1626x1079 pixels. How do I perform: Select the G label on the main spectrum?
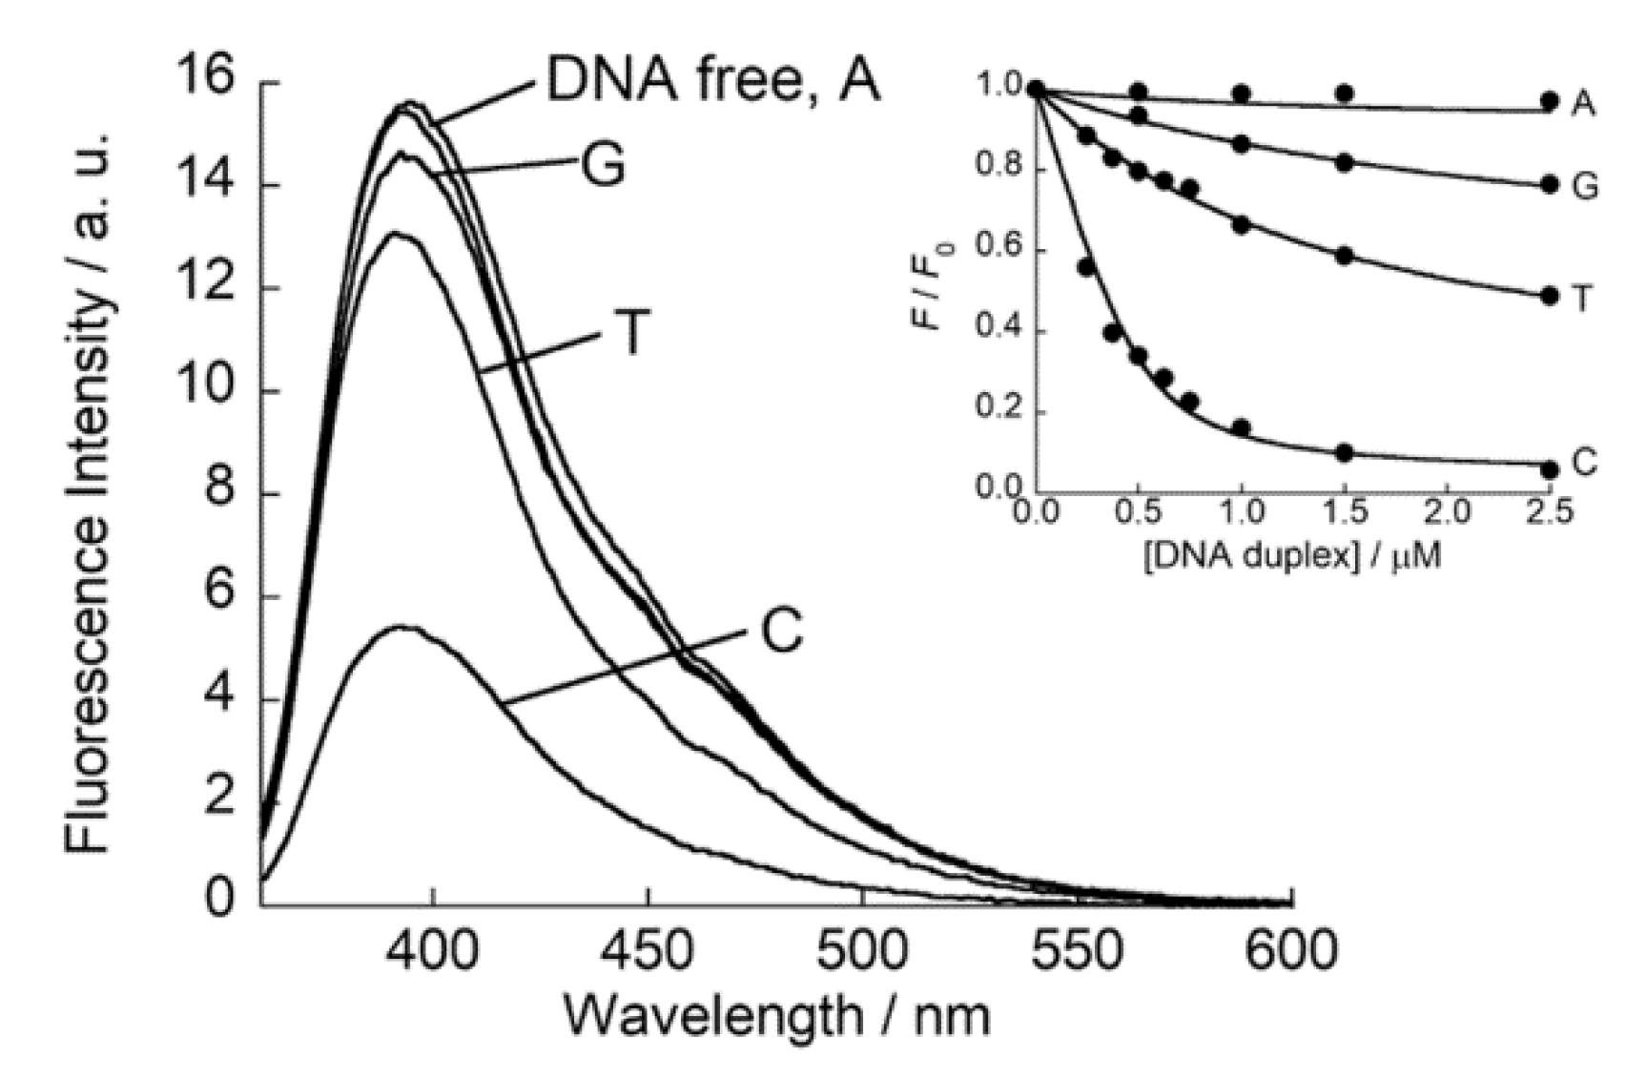[603, 166]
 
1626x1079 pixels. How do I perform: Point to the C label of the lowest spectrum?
[782, 631]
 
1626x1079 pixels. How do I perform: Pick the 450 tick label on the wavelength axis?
[648, 950]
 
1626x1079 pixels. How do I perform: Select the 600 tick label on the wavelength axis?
[1291, 950]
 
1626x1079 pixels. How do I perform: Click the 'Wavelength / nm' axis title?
[777, 1016]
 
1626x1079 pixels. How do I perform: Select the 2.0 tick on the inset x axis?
[1446, 513]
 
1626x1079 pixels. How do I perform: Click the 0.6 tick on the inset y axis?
[997, 250]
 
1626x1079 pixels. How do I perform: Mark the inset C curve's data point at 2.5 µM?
[1549, 469]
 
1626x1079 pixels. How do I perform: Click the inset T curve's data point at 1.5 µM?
[1345, 256]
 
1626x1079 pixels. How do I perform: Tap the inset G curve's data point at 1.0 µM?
[1241, 144]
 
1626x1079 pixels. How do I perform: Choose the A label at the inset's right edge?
[1583, 103]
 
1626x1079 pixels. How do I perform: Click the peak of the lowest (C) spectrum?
[401, 627]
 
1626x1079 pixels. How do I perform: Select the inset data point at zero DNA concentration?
[1037, 91]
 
